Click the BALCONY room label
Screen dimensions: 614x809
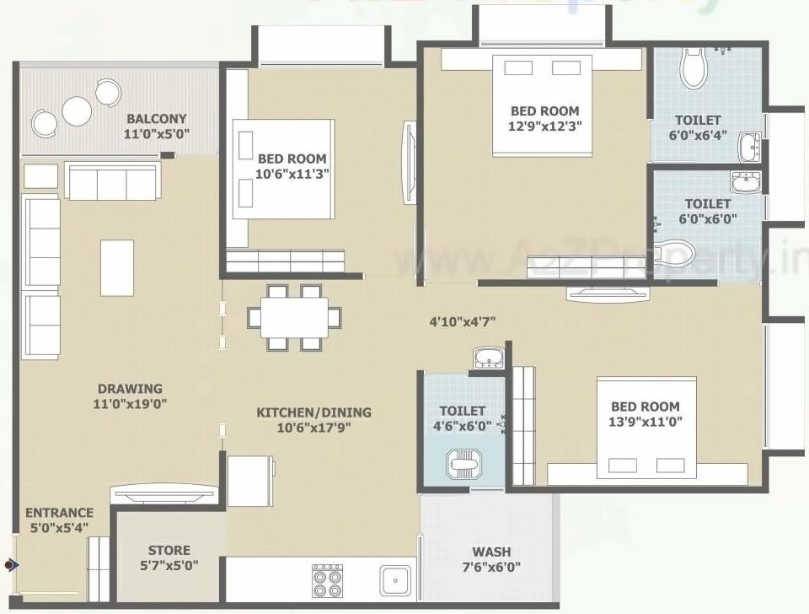tap(156, 119)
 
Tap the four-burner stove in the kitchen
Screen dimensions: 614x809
tap(327, 579)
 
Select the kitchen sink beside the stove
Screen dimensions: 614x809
tap(394, 579)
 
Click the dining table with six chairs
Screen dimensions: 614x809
tap(294, 317)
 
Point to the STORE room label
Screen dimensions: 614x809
tap(169, 550)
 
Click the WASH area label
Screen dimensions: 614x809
tap(490, 552)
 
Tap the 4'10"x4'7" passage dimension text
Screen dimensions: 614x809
tap(462, 320)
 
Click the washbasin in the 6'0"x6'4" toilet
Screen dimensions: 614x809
tap(749, 145)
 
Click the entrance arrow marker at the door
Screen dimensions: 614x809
tap(10, 564)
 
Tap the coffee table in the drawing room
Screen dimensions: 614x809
tap(117, 267)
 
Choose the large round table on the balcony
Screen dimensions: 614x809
tap(78, 110)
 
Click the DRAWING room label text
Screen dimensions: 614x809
tap(129, 389)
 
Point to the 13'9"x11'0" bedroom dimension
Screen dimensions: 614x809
tap(645, 421)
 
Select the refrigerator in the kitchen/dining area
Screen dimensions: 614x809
tap(249, 480)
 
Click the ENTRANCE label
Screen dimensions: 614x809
tap(59, 513)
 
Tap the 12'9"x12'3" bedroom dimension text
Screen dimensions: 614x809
tap(545, 126)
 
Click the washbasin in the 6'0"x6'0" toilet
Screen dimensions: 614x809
tap(745, 182)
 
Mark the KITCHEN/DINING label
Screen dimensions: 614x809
tap(313, 412)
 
